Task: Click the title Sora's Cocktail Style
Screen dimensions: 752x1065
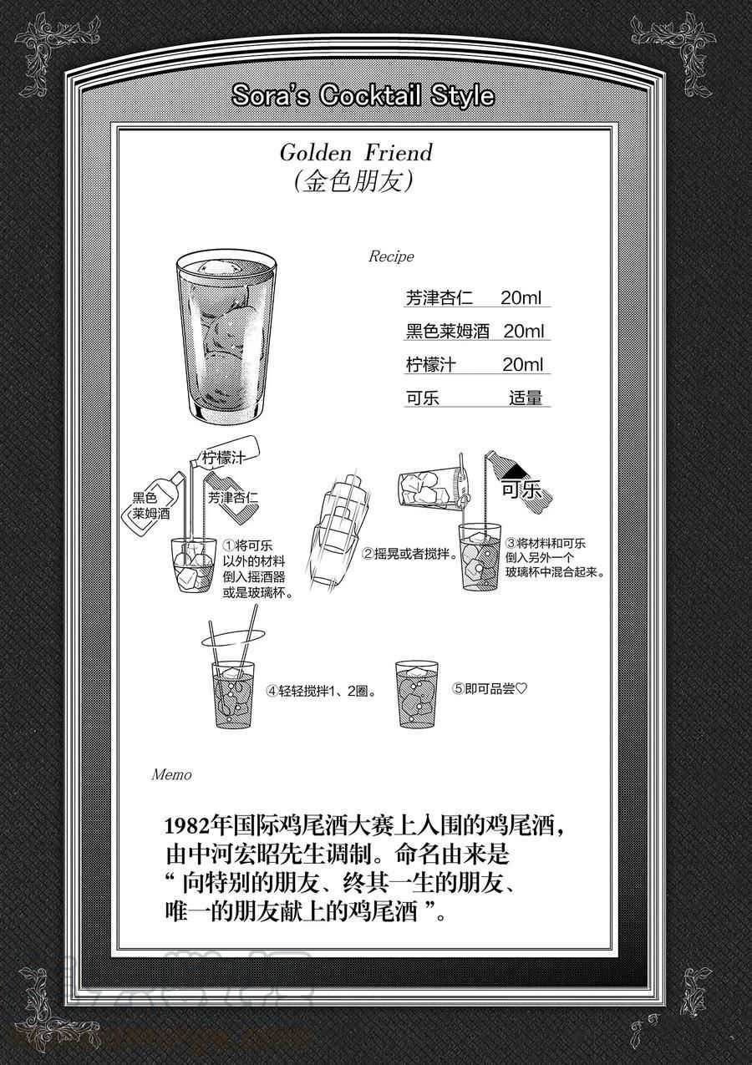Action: tap(363, 97)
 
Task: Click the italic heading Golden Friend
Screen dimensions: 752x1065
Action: tap(356, 153)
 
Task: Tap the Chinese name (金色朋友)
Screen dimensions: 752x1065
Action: tap(353, 181)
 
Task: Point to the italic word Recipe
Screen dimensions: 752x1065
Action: tap(391, 256)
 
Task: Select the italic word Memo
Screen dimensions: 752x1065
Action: tap(172, 774)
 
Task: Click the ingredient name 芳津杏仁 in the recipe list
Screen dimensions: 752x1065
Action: tap(440, 298)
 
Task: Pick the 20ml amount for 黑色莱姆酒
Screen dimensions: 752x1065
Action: tap(524, 332)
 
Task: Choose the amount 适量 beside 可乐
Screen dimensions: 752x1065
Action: tap(526, 398)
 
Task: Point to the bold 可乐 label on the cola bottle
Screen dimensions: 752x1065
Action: tap(522, 489)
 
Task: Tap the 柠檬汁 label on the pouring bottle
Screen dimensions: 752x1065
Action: tap(223, 458)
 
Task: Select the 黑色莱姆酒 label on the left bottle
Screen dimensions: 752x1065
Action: tap(151, 506)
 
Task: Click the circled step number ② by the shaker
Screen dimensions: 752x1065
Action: tap(368, 554)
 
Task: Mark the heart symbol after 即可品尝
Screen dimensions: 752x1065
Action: tap(521, 688)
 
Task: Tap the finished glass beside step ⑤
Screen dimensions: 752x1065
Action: tap(417, 695)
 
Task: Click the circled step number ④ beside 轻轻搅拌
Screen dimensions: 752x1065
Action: tap(272, 691)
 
